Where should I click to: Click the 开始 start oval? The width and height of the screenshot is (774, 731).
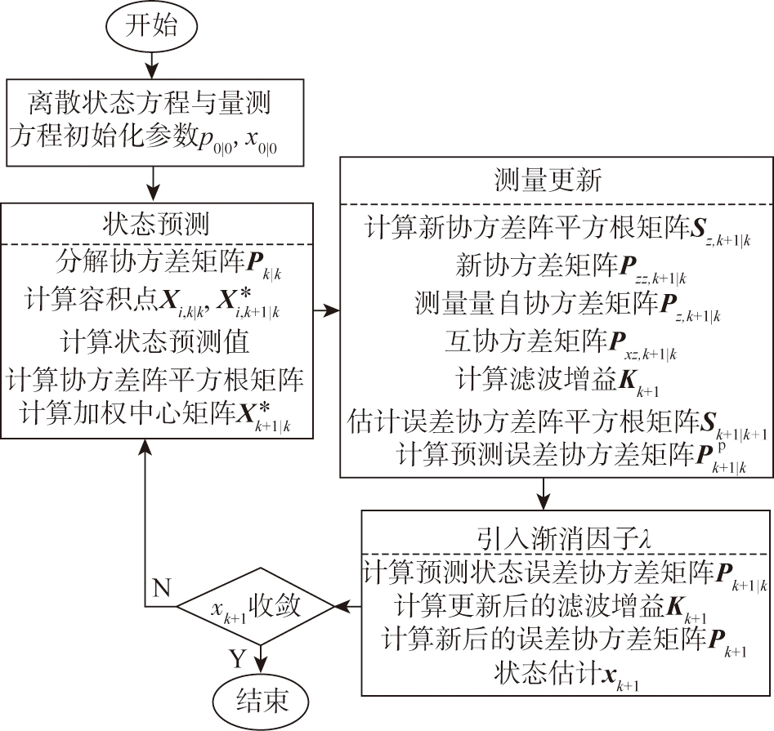coord(150,25)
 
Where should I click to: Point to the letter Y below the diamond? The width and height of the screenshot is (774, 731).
coord(236,658)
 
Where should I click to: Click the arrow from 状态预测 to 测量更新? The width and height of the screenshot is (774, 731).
coord(325,310)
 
